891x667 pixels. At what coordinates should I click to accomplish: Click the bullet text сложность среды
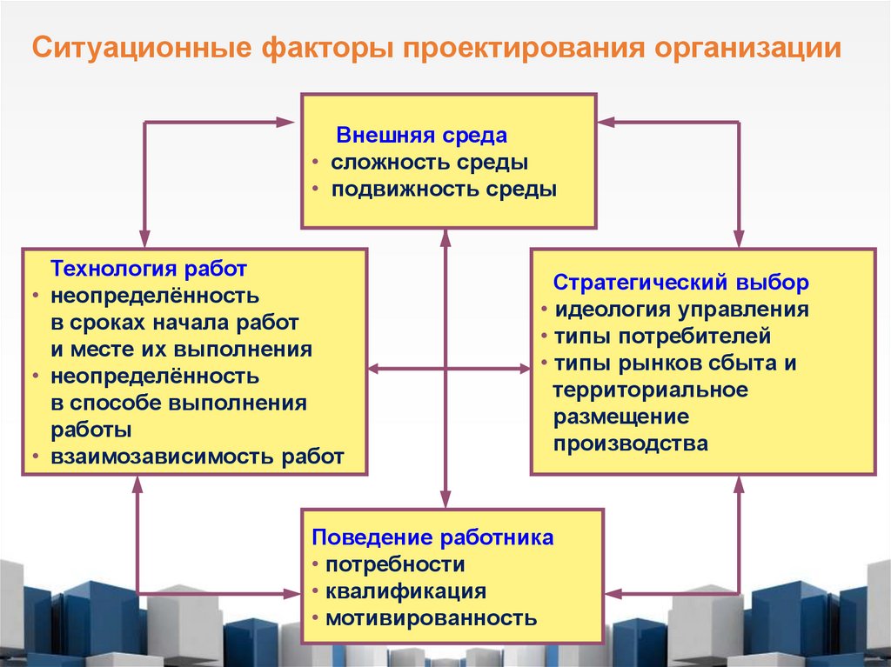[429, 163]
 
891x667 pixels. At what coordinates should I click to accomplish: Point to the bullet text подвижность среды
[444, 190]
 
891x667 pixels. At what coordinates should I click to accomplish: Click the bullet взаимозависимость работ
[197, 457]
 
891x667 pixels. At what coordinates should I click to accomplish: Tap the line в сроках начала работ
[174, 323]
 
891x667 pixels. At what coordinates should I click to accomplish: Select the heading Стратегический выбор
[681, 283]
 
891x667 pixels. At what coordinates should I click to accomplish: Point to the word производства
[631, 443]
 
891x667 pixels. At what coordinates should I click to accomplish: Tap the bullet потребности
[395, 564]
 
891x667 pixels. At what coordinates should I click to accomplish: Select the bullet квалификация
[405, 591]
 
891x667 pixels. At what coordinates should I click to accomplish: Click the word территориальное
[650, 390]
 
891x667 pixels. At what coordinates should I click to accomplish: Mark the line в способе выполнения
[178, 403]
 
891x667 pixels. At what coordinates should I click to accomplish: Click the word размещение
[621, 417]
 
